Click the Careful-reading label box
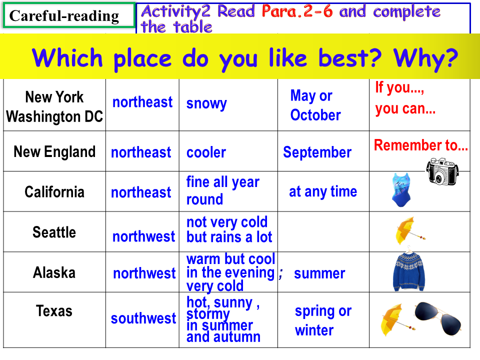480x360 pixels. pos(69,15)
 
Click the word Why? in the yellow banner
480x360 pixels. pos(425,58)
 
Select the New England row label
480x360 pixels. pos(54,152)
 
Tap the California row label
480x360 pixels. pos(54,192)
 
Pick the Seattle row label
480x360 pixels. pos(54,232)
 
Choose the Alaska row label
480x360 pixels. pos(54,272)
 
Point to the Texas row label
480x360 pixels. pos(54,310)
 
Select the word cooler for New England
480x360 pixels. pos(206,152)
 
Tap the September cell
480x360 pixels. pos(317,152)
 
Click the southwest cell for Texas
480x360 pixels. pos(143,318)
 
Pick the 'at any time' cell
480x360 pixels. pos(323,192)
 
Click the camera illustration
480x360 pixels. pos(442,171)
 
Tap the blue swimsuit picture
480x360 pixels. pos(401,189)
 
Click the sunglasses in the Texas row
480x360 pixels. pos(438,318)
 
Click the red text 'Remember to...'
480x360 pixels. pos(421,145)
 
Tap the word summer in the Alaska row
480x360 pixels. pos(319,273)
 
